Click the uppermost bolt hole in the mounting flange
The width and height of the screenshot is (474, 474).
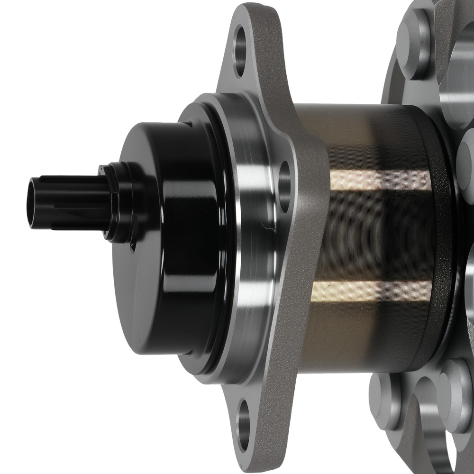click(x=240, y=52)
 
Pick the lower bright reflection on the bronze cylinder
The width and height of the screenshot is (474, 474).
click(x=370, y=289)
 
